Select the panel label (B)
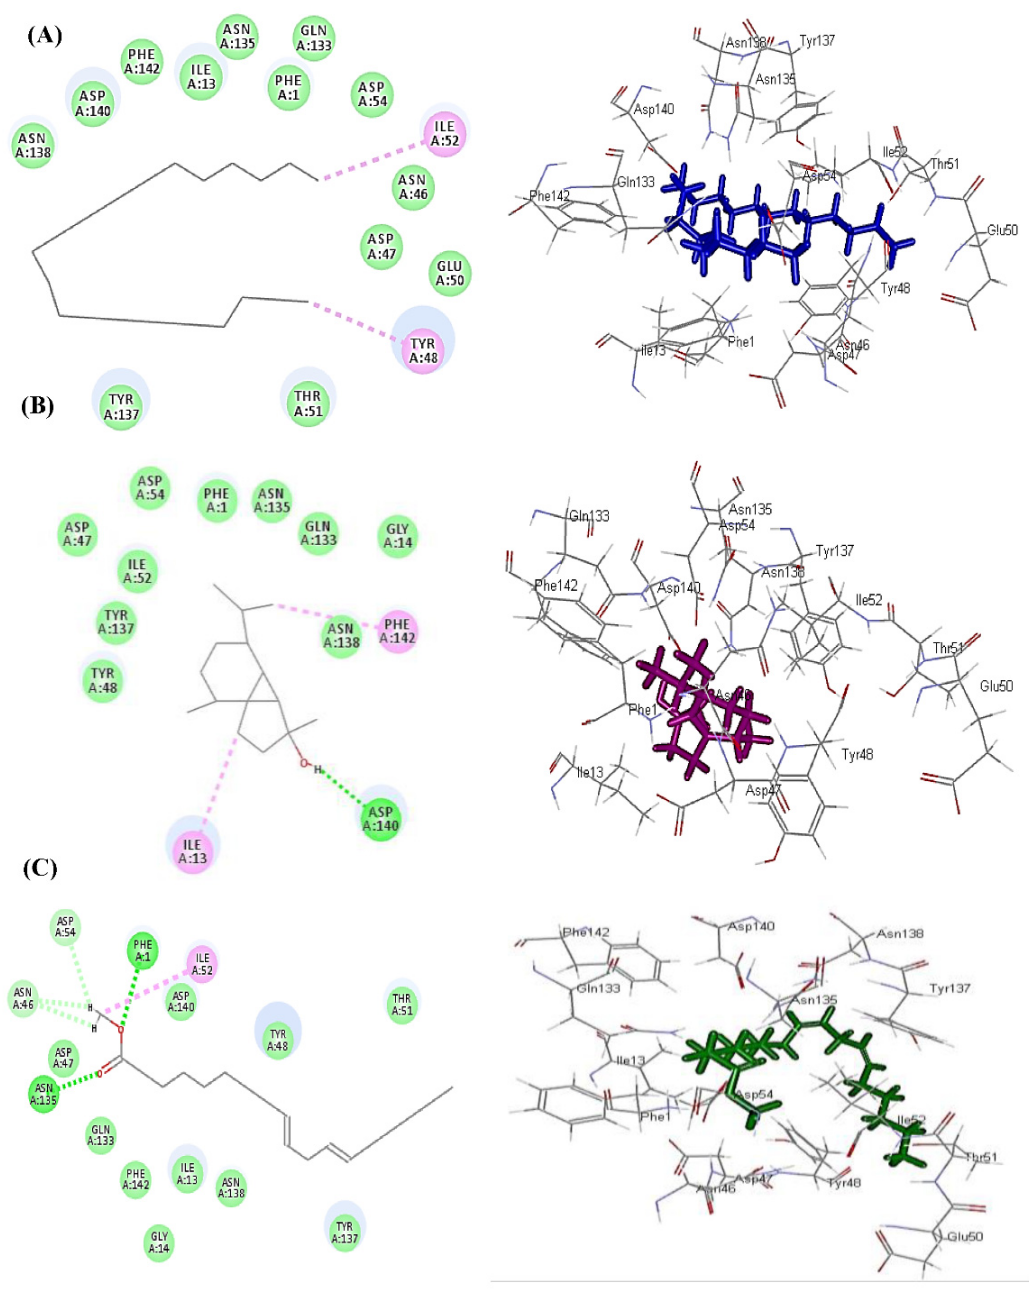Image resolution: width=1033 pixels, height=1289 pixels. click(38, 407)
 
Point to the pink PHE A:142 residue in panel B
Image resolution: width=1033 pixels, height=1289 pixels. click(397, 631)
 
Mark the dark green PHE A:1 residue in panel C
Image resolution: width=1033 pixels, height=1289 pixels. click(142, 952)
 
